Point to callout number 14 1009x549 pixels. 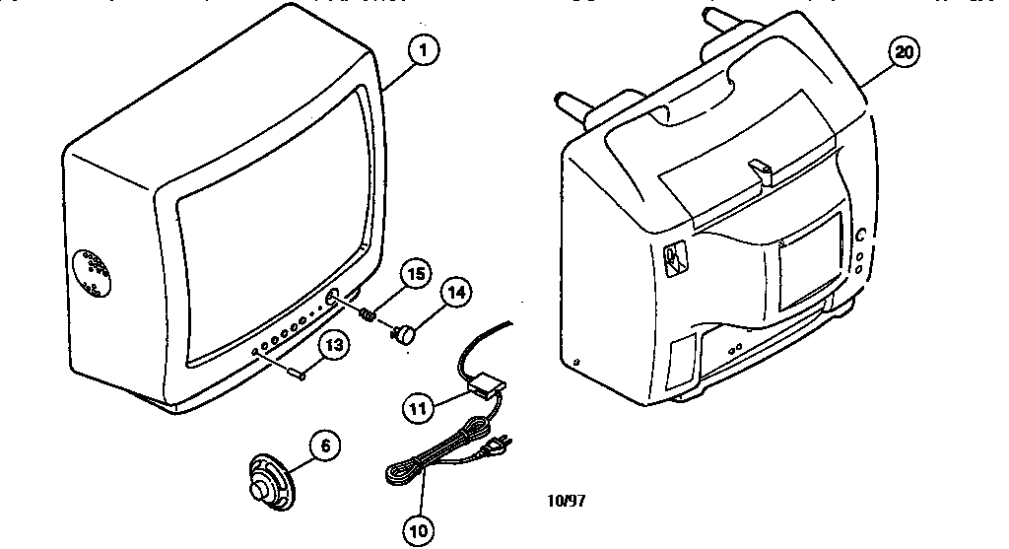[454, 293]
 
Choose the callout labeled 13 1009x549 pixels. [335, 346]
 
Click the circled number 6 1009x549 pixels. [326, 446]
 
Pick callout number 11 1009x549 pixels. [420, 404]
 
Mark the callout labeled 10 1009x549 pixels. [420, 529]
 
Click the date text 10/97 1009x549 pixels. [567, 500]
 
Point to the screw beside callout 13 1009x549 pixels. [295, 371]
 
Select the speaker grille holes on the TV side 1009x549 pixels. [94, 273]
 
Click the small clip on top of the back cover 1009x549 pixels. [761, 169]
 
